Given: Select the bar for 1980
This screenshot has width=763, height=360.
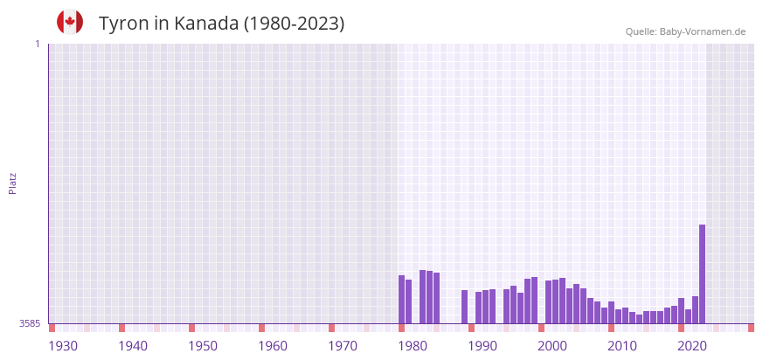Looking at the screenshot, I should pyautogui.click(x=401, y=299).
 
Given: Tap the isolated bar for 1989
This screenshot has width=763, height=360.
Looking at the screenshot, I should pyautogui.click(x=464, y=307).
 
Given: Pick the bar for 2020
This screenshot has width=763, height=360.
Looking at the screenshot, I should pyautogui.click(x=681, y=310).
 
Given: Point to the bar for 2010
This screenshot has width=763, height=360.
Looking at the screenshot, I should pyautogui.click(x=611, y=312).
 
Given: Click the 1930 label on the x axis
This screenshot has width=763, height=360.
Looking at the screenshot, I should pyautogui.click(x=63, y=346).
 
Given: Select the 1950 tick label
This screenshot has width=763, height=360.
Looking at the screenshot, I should pyautogui.click(x=203, y=346).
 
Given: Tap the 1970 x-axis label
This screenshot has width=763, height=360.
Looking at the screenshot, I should pyautogui.click(x=343, y=346).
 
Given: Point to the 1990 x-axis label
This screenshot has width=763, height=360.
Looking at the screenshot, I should pyautogui.click(x=482, y=346).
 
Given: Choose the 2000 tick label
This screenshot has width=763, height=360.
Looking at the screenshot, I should pyautogui.click(x=552, y=346).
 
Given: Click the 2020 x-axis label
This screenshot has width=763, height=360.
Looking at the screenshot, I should pyautogui.click(x=692, y=346).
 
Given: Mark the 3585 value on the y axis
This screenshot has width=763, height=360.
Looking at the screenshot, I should pyautogui.click(x=29, y=324).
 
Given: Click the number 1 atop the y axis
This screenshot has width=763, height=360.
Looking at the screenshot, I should pyautogui.click(x=37, y=44).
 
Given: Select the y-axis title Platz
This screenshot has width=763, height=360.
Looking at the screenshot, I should pyautogui.click(x=12, y=183).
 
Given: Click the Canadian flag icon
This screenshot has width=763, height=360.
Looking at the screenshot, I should pyautogui.click(x=70, y=22).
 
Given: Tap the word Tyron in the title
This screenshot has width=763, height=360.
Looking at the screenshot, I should pyautogui.click(x=123, y=24).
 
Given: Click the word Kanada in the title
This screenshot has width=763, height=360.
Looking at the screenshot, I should pyautogui.click(x=205, y=24).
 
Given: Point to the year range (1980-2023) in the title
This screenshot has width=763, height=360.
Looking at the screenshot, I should pyautogui.click(x=295, y=24).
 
